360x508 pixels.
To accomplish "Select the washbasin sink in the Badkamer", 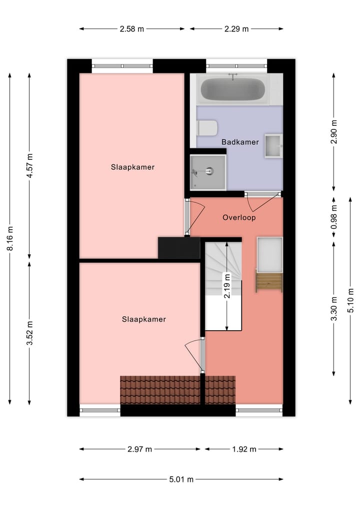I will pos(273,145).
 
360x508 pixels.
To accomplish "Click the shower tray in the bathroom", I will pos(207,172).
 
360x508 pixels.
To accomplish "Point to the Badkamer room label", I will pos(240,142).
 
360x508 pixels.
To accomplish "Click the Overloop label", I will pos(239,217).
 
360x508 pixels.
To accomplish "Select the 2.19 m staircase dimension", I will pos(227,286).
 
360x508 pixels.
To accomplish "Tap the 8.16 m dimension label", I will pos(9,239).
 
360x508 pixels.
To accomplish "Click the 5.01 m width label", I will pos(181,480).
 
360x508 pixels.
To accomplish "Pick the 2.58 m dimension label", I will pos(131,29).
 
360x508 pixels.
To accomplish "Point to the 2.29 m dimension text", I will pos(236,29).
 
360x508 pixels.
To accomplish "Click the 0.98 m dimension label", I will pos(334,216).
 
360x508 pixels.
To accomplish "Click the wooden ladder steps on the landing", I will pos(268,281).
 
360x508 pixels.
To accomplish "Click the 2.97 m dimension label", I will pos(139,449).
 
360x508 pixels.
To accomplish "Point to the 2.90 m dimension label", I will pos(334,132).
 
